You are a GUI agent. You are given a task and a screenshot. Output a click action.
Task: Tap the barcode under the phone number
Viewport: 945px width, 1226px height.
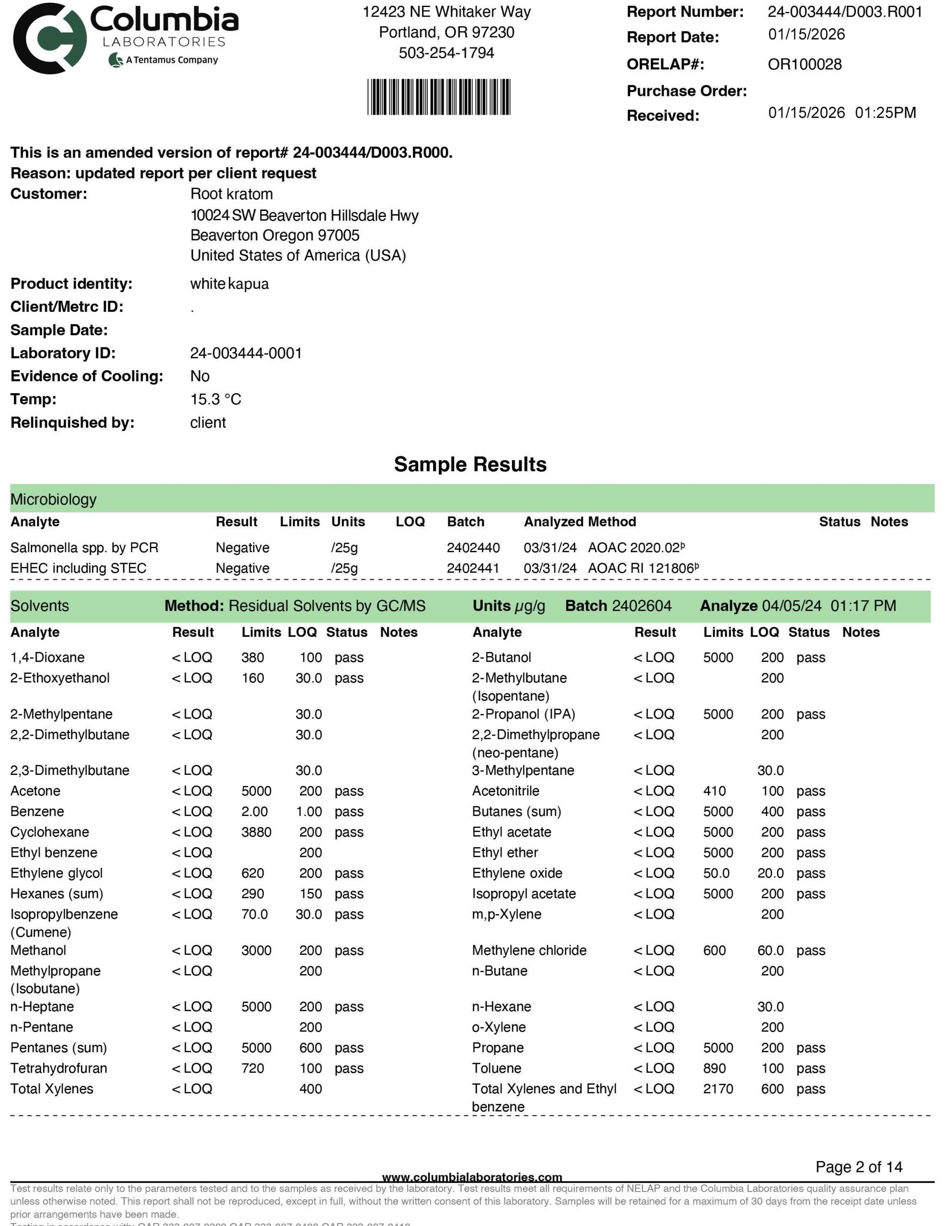tap(439, 97)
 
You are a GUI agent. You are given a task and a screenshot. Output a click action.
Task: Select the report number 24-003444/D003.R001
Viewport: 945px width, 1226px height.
tap(844, 12)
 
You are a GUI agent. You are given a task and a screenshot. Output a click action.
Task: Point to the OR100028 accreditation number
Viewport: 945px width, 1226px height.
tap(804, 65)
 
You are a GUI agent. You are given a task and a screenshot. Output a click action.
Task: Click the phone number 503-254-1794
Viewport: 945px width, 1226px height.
tap(446, 53)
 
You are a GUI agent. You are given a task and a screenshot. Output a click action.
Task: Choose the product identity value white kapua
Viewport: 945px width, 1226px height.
tap(229, 284)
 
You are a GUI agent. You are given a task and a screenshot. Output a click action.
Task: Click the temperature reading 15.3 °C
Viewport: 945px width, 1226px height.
tap(216, 400)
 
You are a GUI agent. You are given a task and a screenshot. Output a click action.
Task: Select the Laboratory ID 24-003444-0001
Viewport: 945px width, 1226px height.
tap(246, 353)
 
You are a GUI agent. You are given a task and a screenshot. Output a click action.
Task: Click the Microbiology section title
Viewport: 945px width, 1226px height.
tap(53, 499)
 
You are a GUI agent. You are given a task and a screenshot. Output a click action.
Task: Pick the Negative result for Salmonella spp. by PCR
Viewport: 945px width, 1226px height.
tap(242, 548)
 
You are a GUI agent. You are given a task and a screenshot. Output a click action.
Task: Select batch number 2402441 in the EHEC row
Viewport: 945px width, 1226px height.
tap(473, 568)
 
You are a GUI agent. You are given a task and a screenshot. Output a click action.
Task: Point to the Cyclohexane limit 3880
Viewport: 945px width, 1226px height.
tap(256, 832)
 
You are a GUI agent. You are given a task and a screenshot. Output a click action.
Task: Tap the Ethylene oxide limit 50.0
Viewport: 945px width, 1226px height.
tap(716, 874)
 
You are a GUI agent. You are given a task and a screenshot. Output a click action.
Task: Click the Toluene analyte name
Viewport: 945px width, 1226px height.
tap(496, 1068)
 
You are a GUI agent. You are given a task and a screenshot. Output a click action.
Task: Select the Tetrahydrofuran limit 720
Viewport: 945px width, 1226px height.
tap(253, 1068)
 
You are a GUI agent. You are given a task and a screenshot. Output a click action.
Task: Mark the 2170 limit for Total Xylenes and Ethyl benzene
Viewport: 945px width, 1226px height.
tap(717, 1089)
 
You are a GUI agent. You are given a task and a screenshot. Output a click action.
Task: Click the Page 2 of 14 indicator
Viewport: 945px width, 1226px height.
tap(858, 1167)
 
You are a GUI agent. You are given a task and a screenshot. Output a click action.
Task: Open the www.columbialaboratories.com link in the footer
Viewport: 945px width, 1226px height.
tap(472, 1177)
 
